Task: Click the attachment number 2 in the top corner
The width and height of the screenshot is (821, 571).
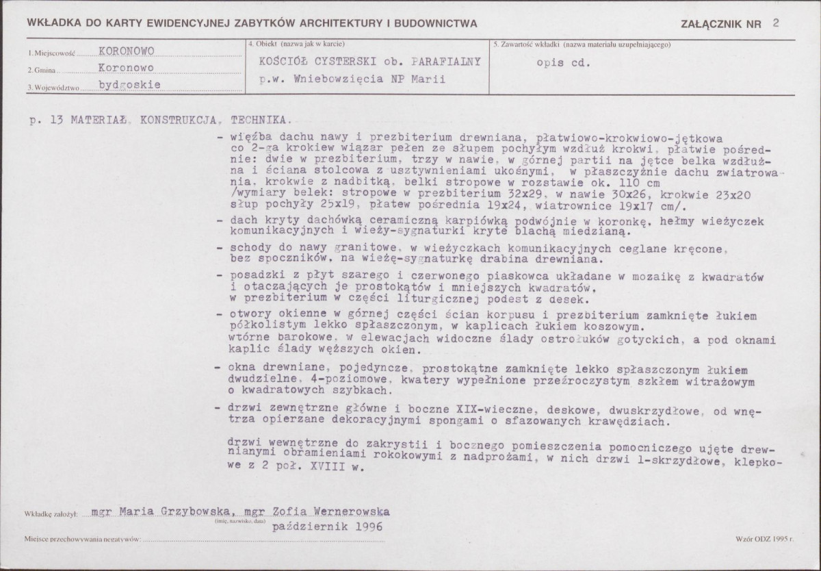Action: click(x=774, y=23)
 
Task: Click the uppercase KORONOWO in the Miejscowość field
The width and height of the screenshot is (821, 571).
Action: click(x=127, y=52)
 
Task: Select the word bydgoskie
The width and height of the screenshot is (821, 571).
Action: click(x=130, y=85)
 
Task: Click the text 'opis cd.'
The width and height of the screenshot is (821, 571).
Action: click(x=562, y=62)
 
